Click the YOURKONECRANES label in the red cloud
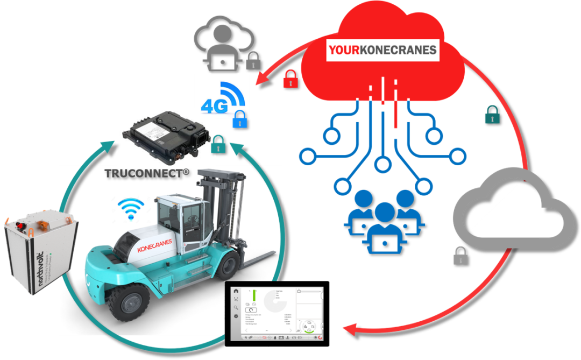(x=382, y=51)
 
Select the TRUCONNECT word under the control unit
(x=147, y=174)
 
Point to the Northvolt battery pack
(x=39, y=251)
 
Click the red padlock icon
(x=290, y=79)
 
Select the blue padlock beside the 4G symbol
(x=239, y=118)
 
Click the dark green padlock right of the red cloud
(x=492, y=114)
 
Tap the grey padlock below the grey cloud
(x=460, y=256)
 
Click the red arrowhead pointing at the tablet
(x=348, y=328)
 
